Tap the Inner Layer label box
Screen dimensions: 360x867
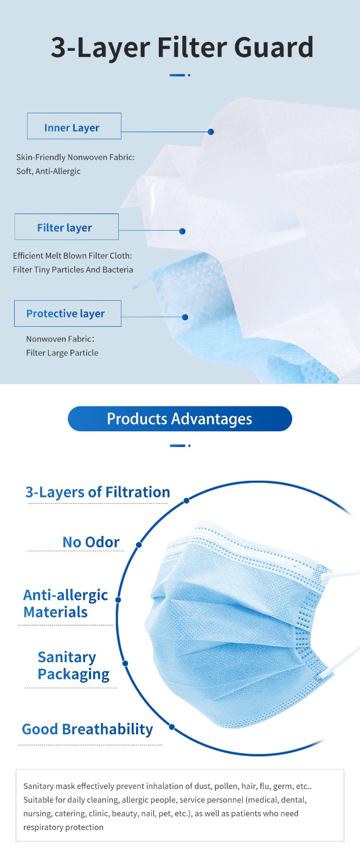pos(74,126)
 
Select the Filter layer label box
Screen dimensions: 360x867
pos(67,227)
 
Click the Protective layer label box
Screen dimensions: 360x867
pos(68,313)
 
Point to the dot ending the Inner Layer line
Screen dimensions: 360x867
pos(211,132)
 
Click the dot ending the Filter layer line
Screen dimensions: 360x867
pos(182,231)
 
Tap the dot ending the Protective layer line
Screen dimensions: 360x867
pos(185,317)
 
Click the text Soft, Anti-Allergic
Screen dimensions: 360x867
pos(48,171)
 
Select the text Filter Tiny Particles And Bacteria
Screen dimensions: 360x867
pos(73,269)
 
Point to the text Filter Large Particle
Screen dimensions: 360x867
pos(62,353)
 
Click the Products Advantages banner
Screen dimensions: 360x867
pos(179,418)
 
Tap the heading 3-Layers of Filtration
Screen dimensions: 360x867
pos(98,492)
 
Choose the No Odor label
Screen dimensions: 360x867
pos(91,542)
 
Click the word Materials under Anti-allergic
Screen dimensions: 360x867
pos(55,612)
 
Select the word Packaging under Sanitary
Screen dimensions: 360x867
pos(74,674)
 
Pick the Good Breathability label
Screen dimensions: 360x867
pos(87,729)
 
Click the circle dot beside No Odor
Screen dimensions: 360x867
pos(139,545)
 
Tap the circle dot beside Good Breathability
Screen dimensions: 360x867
pos(172,727)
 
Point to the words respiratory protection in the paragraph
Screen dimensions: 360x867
pos(63,827)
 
